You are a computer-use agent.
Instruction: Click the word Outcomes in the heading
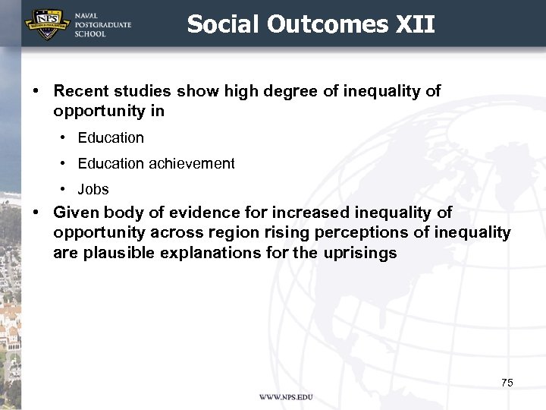pos(328,24)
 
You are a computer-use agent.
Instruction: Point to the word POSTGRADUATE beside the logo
pos(102,24)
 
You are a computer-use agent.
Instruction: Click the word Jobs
pos(93,189)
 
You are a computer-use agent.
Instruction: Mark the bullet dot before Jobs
pos(61,189)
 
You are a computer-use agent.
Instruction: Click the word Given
pos(76,213)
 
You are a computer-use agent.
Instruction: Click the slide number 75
pos(507,383)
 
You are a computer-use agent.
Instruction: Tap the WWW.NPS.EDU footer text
pos(285,397)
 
